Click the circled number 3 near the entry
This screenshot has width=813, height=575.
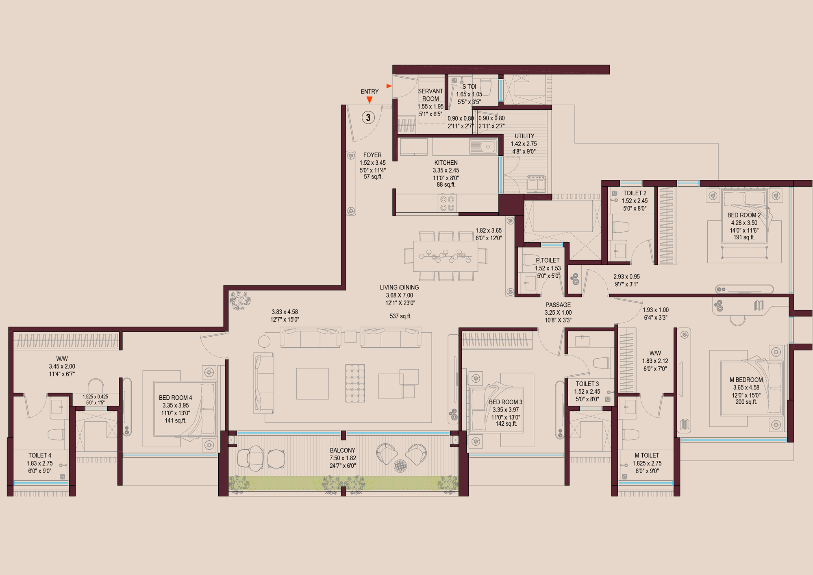pyautogui.click(x=368, y=118)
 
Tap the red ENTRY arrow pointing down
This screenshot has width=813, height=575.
pyautogui.click(x=369, y=100)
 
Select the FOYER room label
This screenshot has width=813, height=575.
pyautogui.click(x=372, y=155)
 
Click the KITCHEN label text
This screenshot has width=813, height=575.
pyautogui.click(x=446, y=163)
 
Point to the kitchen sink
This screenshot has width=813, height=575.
pyautogui.click(x=483, y=146)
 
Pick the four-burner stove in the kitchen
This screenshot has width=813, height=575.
pyautogui.click(x=447, y=203)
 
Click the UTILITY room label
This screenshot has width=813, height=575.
pyautogui.click(x=524, y=136)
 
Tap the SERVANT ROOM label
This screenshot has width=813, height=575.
pyautogui.click(x=430, y=95)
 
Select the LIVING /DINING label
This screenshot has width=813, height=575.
pyautogui.click(x=399, y=287)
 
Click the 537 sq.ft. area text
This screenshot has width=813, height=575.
pyautogui.click(x=400, y=316)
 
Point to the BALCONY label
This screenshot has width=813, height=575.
pyautogui.click(x=342, y=450)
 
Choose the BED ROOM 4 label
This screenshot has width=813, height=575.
pyautogui.click(x=175, y=398)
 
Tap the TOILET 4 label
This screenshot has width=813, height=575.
pyautogui.click(x=40, y=455)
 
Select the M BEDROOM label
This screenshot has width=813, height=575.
pyautogui.click(x=746, y=380)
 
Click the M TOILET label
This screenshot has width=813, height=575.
pyautogui.click(x=647, y=455)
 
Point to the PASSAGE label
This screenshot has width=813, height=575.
pyautogui.click(x=558, y=305)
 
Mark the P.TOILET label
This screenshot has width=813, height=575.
pyautogui.click(x=548, y=260)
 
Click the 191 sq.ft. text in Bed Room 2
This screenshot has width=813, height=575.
pyautogui.click(x=744, y=237)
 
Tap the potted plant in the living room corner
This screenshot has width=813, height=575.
pyautogui.click(x=239, y=301)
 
